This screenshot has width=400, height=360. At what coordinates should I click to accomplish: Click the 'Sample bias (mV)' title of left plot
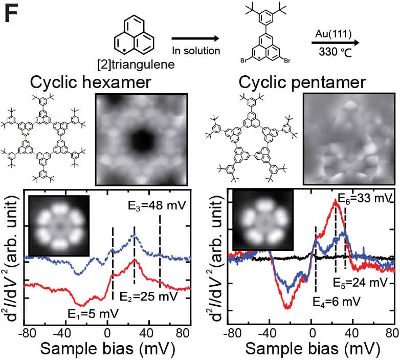point(107,348)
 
